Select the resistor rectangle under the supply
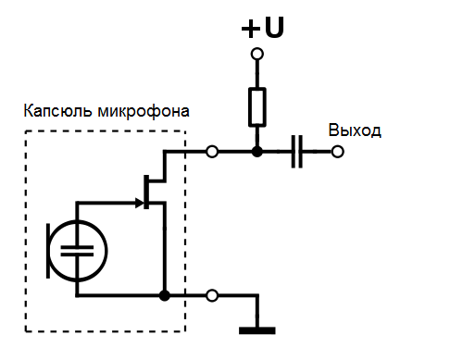pyautogui.click(x=257, y=106)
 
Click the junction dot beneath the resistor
pyautogui.click(x=257, y=151)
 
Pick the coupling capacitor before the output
pyautogui.click(x=296, y=151)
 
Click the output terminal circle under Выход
pyautogui.click(x=339, y=151)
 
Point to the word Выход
pyautogui.click(x=355, y=130)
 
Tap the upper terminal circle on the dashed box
pyautogui.click(x=213, y=151)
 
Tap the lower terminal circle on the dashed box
pyautogui.click(x=213, y=296)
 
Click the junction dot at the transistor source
pyautogui.click(x=164, y=296)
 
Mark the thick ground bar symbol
pyautogui.click(x=257, y=329)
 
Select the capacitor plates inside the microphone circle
pyautogui.click(x=80, y=249)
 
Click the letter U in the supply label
pyautogui.click(x=273, y=28)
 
